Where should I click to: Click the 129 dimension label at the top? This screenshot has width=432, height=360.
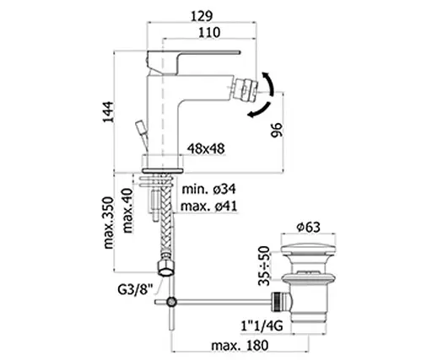pyautogui.click(x=202, y=16)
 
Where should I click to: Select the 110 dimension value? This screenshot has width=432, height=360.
pyautogui.click(x=209, y=33)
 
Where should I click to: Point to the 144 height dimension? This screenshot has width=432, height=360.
pyautogui.click(x=109, y=112)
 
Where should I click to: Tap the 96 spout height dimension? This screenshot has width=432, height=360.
pyautogui.click(x=276, y=130)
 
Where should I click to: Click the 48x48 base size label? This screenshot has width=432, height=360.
pyautogui.click(x=206, y=148)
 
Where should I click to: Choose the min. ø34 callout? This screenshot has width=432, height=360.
pyautogui.click(x=208, y=189)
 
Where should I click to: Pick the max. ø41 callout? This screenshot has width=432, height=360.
pyautogui.click(x=208, y=207)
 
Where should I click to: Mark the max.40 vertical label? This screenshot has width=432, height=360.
pyautogui.click(x=127, y=211)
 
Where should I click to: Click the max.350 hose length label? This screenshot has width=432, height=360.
pyautogui.click(x=109, y=223)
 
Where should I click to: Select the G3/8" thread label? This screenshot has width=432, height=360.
pyautogui.click(x=135, y=289)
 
